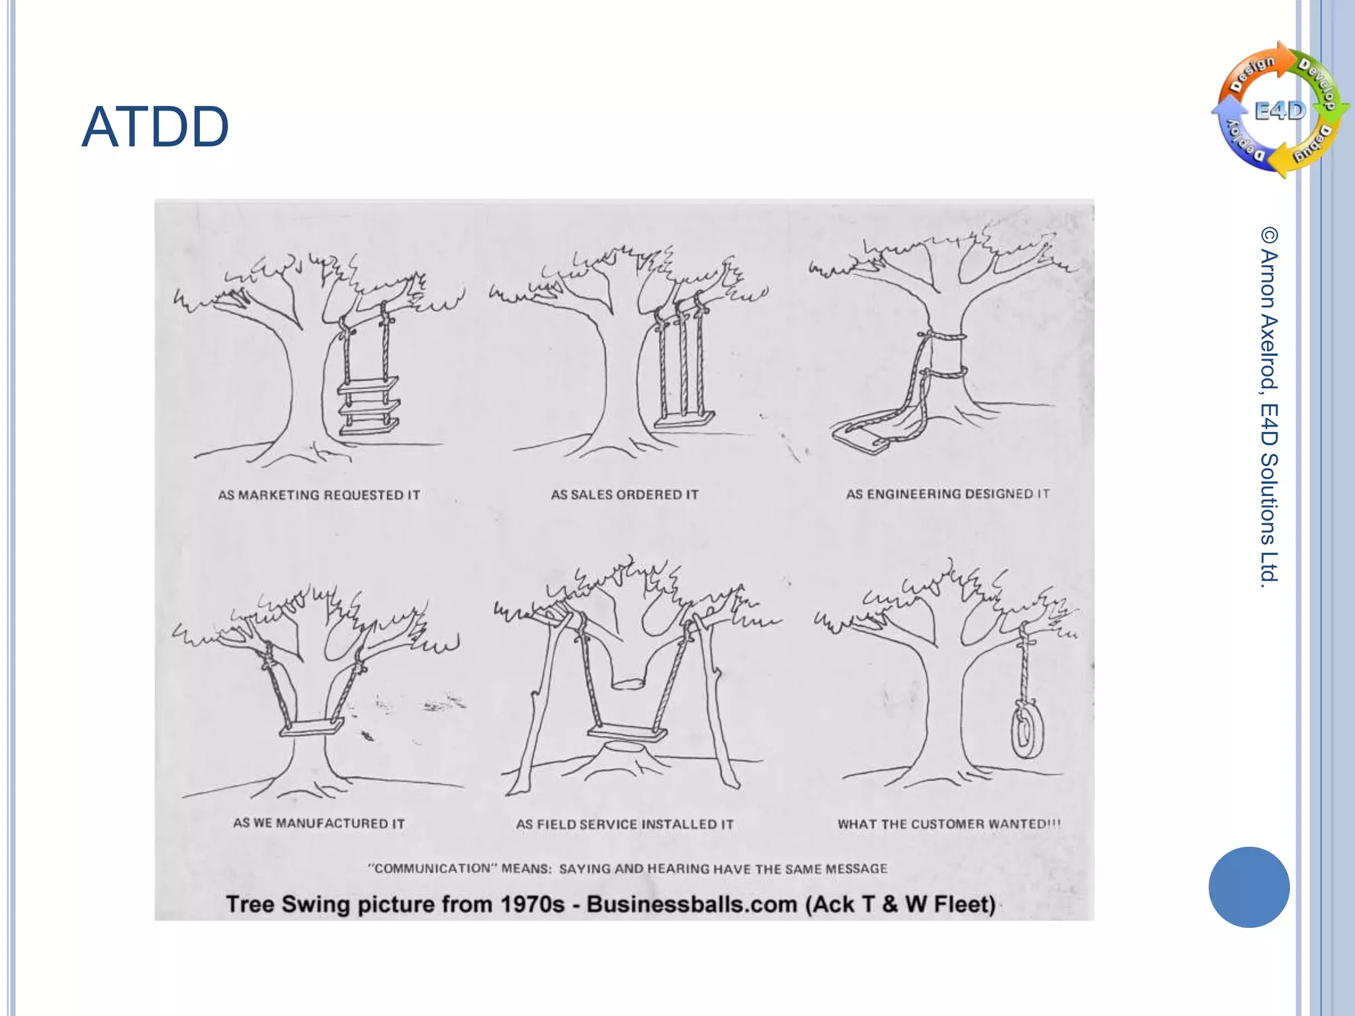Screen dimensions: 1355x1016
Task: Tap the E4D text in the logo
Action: coord(1281,110)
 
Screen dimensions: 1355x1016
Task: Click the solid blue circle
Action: coord(1248,887)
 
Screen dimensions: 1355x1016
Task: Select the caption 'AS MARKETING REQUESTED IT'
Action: coord(319,495)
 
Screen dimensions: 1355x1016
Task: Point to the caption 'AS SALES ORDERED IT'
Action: coord(625,494)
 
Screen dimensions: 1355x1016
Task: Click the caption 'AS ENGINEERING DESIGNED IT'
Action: coord(947,493)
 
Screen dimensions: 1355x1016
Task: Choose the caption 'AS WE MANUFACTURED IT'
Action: coord(319,823)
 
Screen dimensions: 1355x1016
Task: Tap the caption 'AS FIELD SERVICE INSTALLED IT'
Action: coord(625,824)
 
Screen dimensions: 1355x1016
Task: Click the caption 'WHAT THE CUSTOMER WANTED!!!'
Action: coord(949,824)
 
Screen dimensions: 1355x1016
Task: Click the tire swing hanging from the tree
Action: coord(1026,730)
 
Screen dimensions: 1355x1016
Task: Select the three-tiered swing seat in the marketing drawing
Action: coord(369,405)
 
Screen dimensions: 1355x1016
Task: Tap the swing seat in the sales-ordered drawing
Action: coord(685,419)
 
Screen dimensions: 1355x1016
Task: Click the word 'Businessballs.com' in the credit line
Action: coord(691,904)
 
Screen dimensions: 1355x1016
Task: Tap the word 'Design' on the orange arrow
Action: coord(1252,73)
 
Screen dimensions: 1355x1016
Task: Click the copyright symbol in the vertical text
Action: coord(1269,235)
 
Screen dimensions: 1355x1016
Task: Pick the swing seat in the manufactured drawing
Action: coord(312,728)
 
